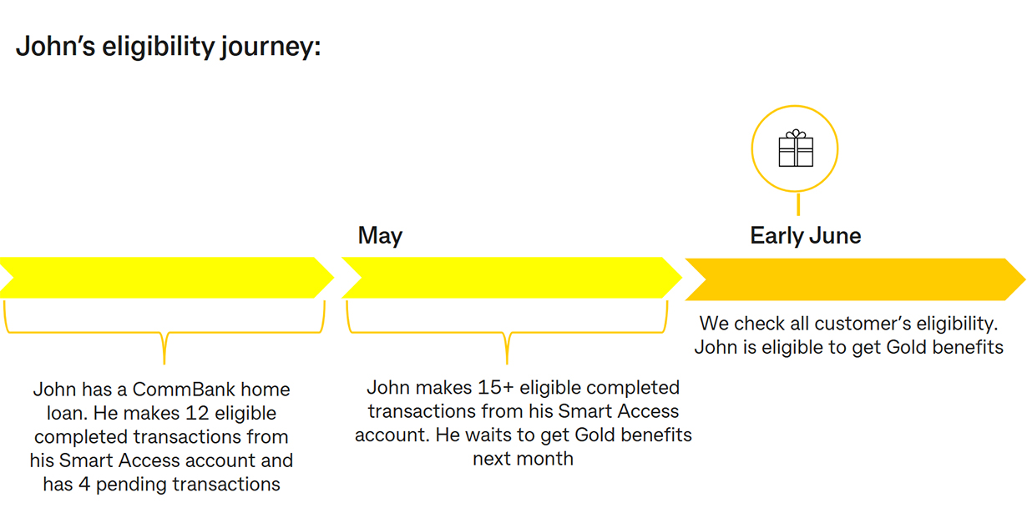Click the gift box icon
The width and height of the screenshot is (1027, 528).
[796, 148]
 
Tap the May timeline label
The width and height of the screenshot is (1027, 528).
[380, 236]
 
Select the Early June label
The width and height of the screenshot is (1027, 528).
[806, 236]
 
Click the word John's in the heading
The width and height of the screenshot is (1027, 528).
[55, 47]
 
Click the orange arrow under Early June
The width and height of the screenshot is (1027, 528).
[856, 279]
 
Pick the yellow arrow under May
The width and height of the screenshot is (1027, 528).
[512, 278]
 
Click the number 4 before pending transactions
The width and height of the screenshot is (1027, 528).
[83, 485]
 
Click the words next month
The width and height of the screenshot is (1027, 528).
[524, 459]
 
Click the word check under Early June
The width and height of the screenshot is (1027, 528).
[761, 324]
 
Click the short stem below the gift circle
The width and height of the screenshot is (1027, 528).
[798, 204]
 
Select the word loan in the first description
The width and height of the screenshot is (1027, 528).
[67, 414]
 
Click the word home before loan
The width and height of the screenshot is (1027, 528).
[266, 390]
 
